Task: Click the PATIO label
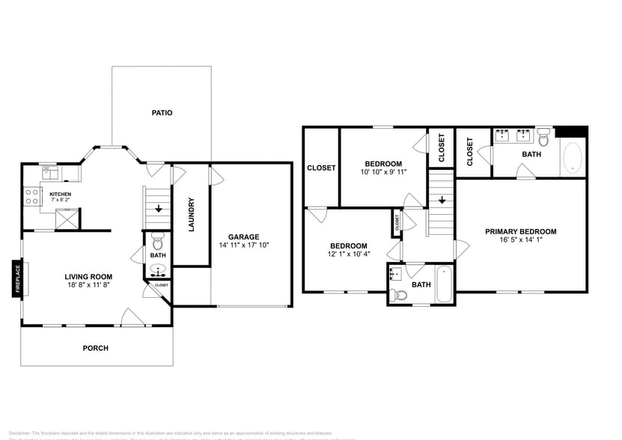[x=162, y=113]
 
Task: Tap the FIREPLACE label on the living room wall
[x=16, y=278]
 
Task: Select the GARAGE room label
[x=244, y=236]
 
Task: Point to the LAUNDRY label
[x=192, y=214]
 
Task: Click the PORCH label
[x=96, y=348]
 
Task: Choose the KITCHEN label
[x=61, y=195]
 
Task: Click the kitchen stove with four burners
[x=33, y=196]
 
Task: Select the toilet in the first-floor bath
[x=157, y=242]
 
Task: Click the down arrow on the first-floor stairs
[x=158, y=210]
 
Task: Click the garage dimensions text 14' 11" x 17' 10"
[x=244, y=245]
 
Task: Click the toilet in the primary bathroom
[x=543, y=136]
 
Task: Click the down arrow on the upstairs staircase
[x=442, y=201]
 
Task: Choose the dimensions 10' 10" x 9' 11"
[x=383, y=171]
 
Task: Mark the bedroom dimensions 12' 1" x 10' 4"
[x=349, y=255]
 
